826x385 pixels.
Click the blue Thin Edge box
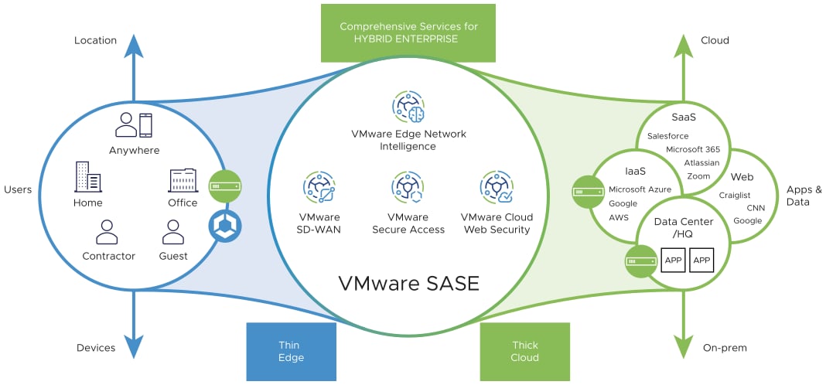(x=291, y=353)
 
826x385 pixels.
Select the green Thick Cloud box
(x=524, y=353)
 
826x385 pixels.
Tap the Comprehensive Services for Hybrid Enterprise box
(x=408, y=32)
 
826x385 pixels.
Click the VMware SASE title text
(x=408, y=283)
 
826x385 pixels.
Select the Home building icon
(x=87, y=177)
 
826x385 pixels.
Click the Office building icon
(x=183, y=181)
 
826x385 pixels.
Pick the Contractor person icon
(x=107, y=232)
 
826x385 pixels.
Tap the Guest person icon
(x=172, y=232)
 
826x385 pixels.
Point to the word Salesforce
(x=667, y=136)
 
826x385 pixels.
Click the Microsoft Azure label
(x=640, y=189)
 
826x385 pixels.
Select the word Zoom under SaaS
(x=698, y=176)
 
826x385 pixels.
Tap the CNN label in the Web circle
(x=756, y=208)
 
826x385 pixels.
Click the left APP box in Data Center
(x=673, y=261)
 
